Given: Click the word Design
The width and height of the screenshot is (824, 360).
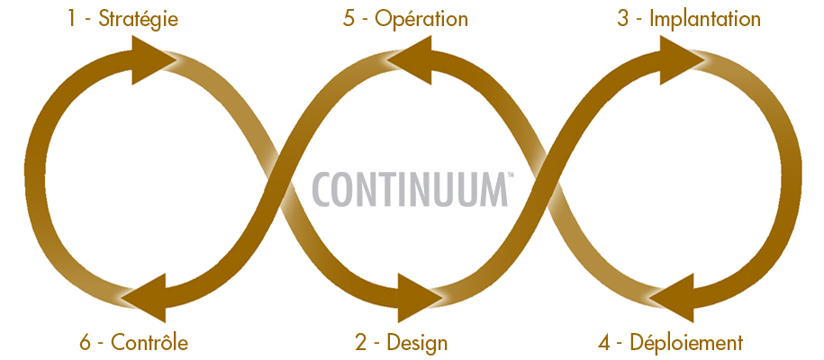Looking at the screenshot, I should point(417,342).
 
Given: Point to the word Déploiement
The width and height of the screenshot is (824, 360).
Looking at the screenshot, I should point(686,342).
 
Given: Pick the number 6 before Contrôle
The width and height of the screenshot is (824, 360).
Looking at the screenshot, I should point(86,342).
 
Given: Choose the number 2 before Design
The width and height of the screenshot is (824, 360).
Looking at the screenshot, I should point(360,342).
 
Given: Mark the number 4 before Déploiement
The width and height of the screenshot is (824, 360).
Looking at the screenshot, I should point(604,342).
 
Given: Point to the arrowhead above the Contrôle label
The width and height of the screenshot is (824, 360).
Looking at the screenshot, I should point(148,297).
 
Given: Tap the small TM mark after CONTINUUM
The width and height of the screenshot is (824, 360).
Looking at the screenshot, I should point(511,175).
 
